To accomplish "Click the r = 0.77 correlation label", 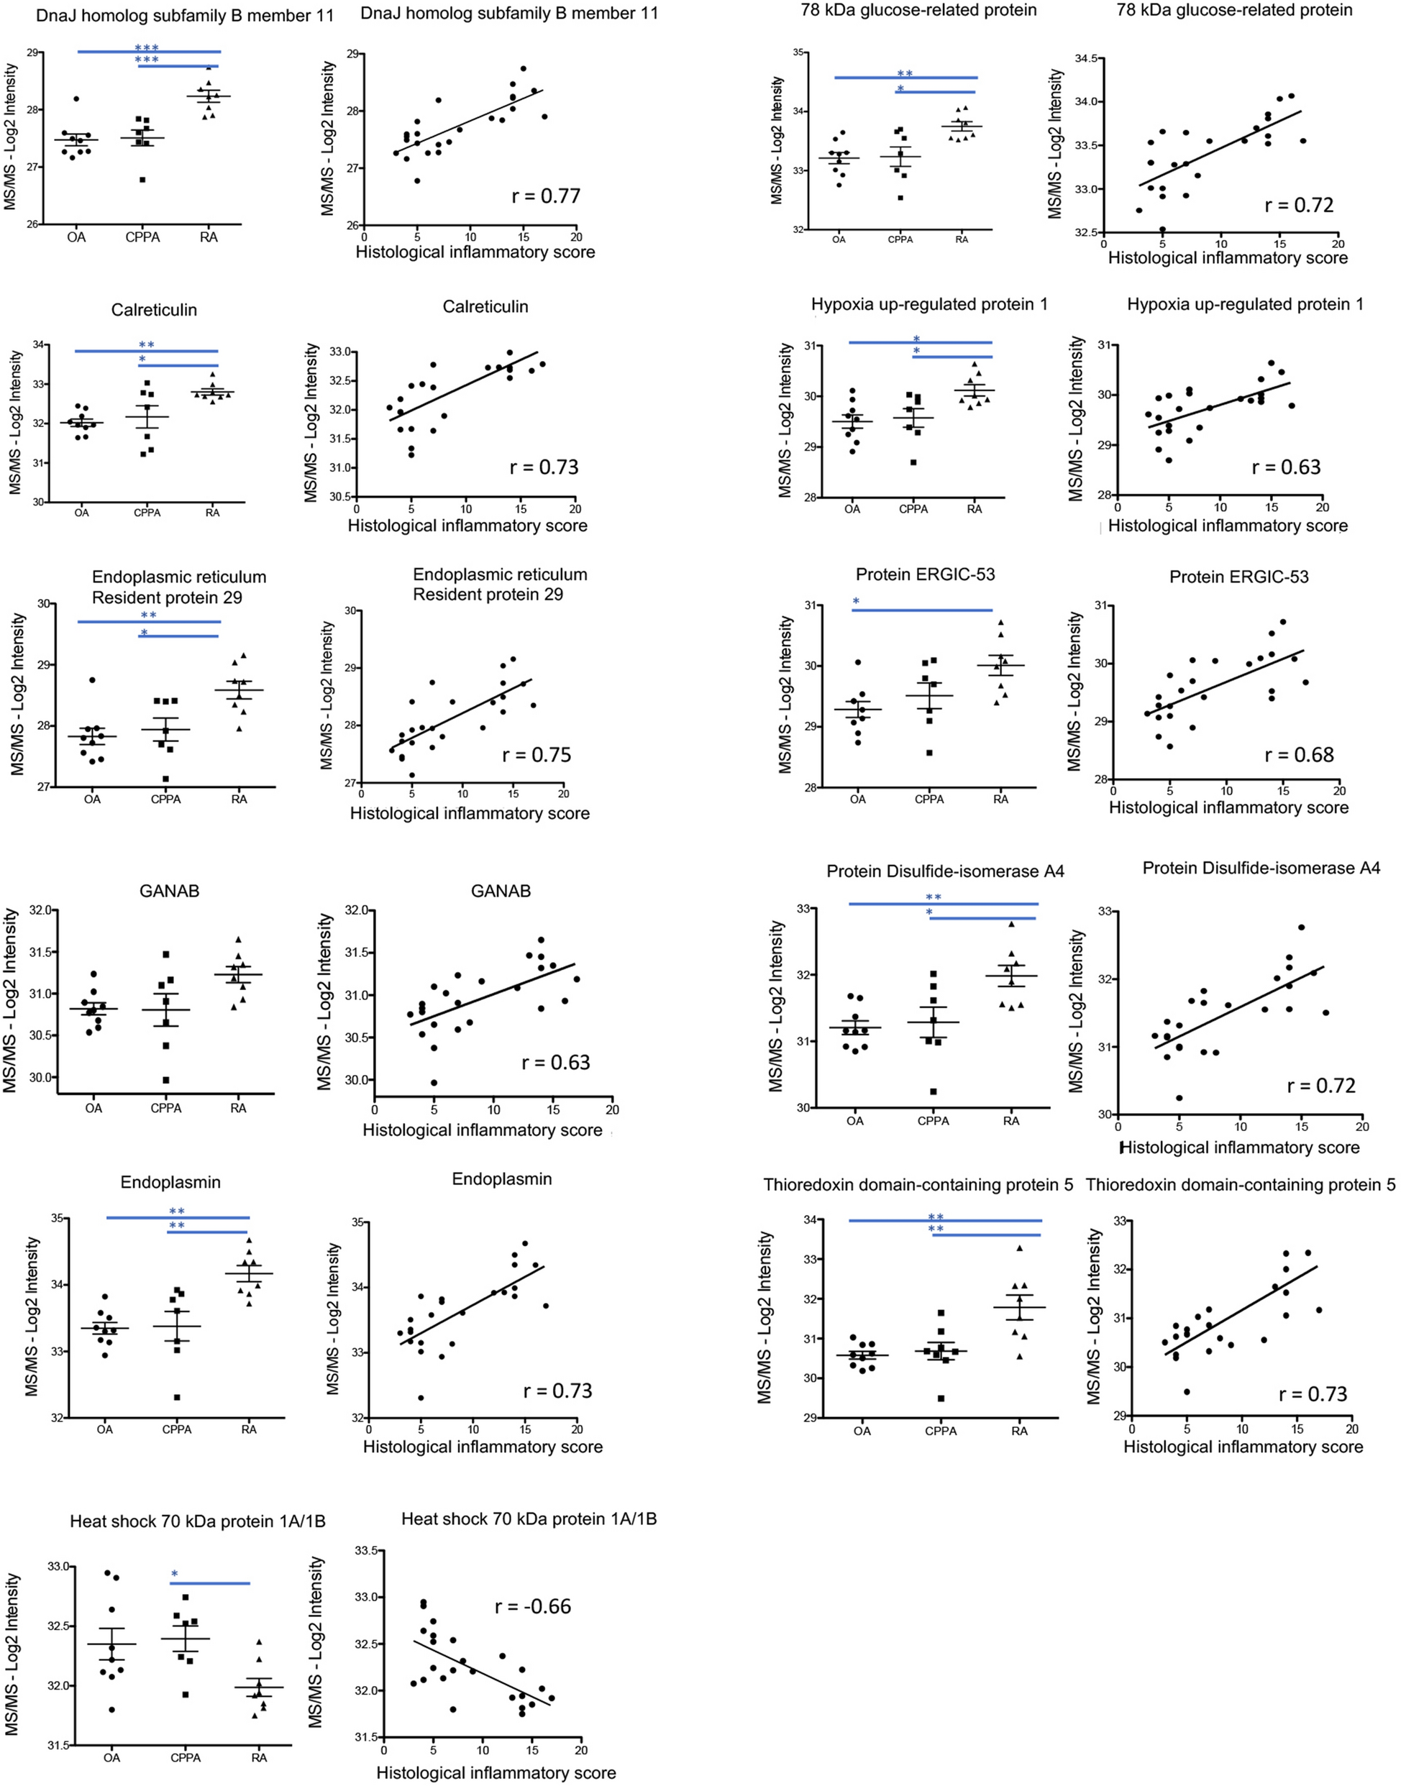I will pyautogui.click(x=544, y=197).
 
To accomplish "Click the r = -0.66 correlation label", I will pyautogui.click(x=532, y=1606).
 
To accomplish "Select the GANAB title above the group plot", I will pyautogui.click(x=169, y=891).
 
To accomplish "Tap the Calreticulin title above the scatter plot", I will pyautogui.click(x=485, y=307).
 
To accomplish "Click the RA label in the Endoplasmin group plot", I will pyautogui.click(x=250, y=1429).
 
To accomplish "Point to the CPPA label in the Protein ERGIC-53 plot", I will pyautogui.click(x=929, y=799).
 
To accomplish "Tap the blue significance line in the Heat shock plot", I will pyautogui.click(x=210, y=1583).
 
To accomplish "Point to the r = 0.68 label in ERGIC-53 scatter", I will pyautogui.click(x=1300, y=754).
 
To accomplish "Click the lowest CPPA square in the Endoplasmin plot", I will pyautogui.click(x=176, y=1396).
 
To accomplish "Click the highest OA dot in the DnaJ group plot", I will pyautogui.click(x=76, y=99).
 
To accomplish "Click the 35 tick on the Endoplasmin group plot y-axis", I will pyautogui.click(x=58, y=1219).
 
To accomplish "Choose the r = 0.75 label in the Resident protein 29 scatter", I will pyautogui.click(x=537, y=754).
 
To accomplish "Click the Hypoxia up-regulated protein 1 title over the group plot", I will pyautogui.click(x=929, y=304).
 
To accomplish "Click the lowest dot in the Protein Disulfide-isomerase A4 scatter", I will pyautogui.click(x=1179, y=1097).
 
